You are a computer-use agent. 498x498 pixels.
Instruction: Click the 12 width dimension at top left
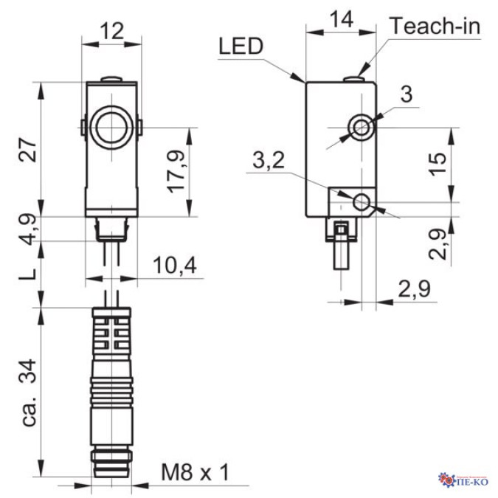pos(111,32)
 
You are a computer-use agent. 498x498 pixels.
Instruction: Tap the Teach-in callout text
pos(435,26)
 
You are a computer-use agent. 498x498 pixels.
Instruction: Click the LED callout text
pos(241,47)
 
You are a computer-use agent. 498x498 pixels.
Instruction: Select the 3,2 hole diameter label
pos(268,160)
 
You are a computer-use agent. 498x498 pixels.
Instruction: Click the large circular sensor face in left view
pos(111,127)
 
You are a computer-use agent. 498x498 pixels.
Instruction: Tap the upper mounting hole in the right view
pos(362,128)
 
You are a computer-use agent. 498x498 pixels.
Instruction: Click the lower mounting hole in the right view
pos(362,201)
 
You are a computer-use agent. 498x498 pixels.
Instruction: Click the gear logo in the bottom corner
pos(446,482)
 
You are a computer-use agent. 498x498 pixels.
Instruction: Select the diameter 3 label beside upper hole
pos(405,94)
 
